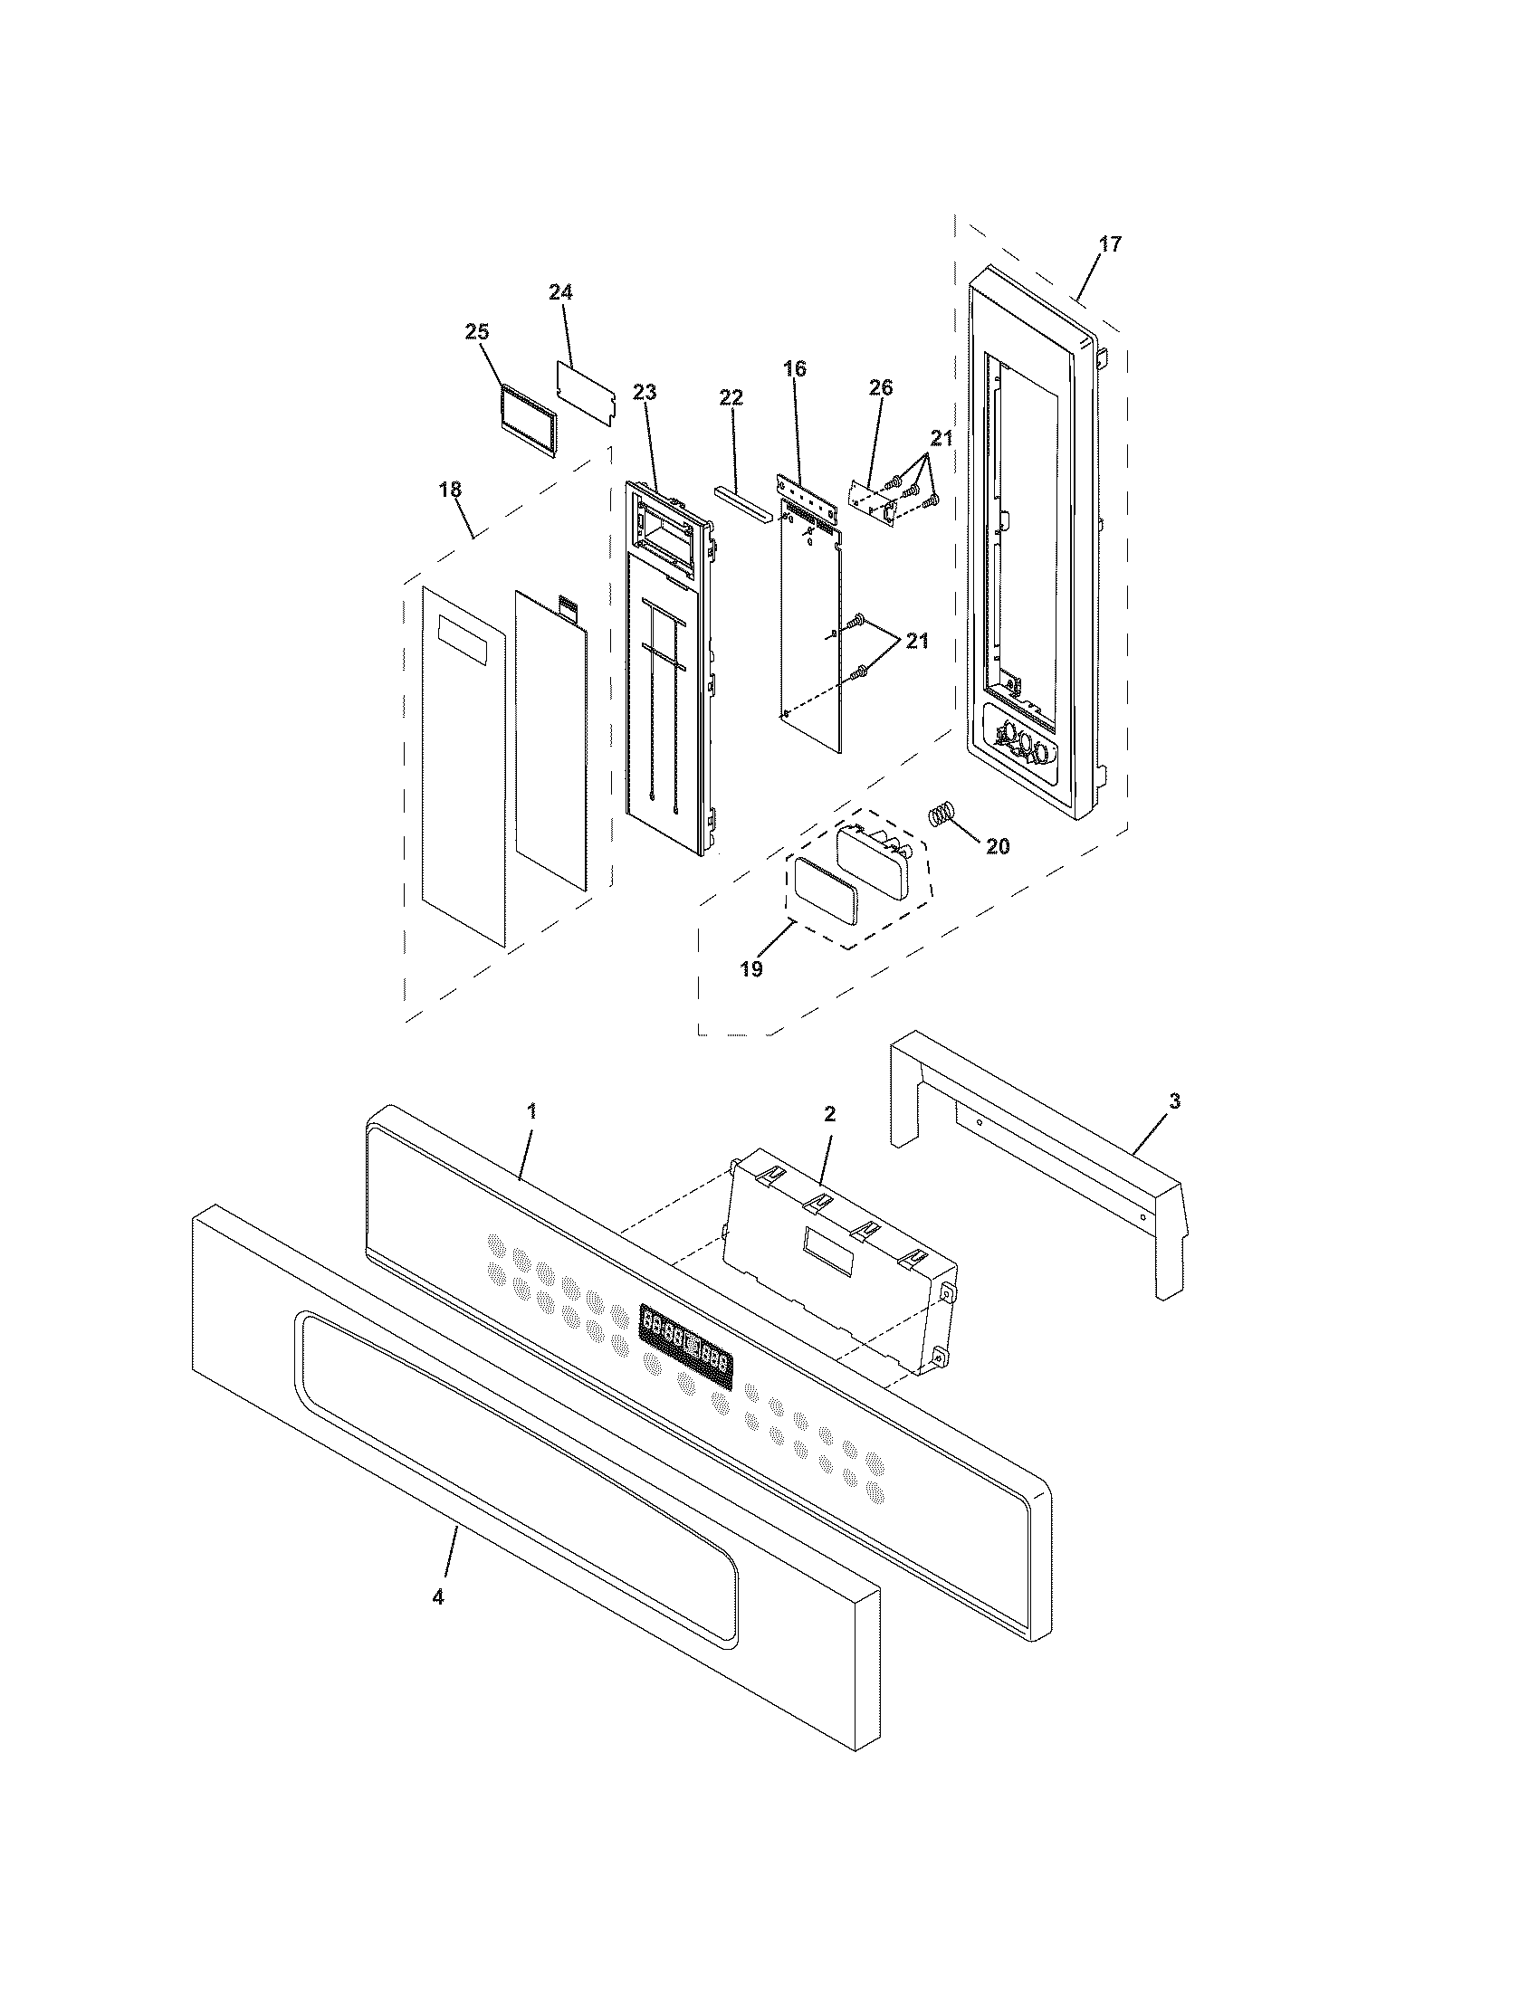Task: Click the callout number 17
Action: pyautogui.click(x=1110, y=244)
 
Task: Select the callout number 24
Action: pyautogui.click(x=560, y=292)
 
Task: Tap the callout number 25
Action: pyautogui.click(x=477, y=332)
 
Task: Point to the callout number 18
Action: pyautogui.click(x=450, y=490)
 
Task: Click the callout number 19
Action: pyautogui.click(x=750, y=969)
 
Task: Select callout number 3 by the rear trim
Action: pyautogui.click(x=1174, y=1102)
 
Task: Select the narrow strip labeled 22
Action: pyautogui.click(x=743, y=500)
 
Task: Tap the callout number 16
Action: pyautogui.click(x=794, y=369)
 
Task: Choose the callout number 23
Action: pyautogui.click(x=645, y=393)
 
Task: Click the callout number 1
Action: pyautogui.click(x=531, y=1111)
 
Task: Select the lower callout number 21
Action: pyautogui.click(x=916, y=642)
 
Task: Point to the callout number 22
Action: pyautogui.click(x=731, y=398)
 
